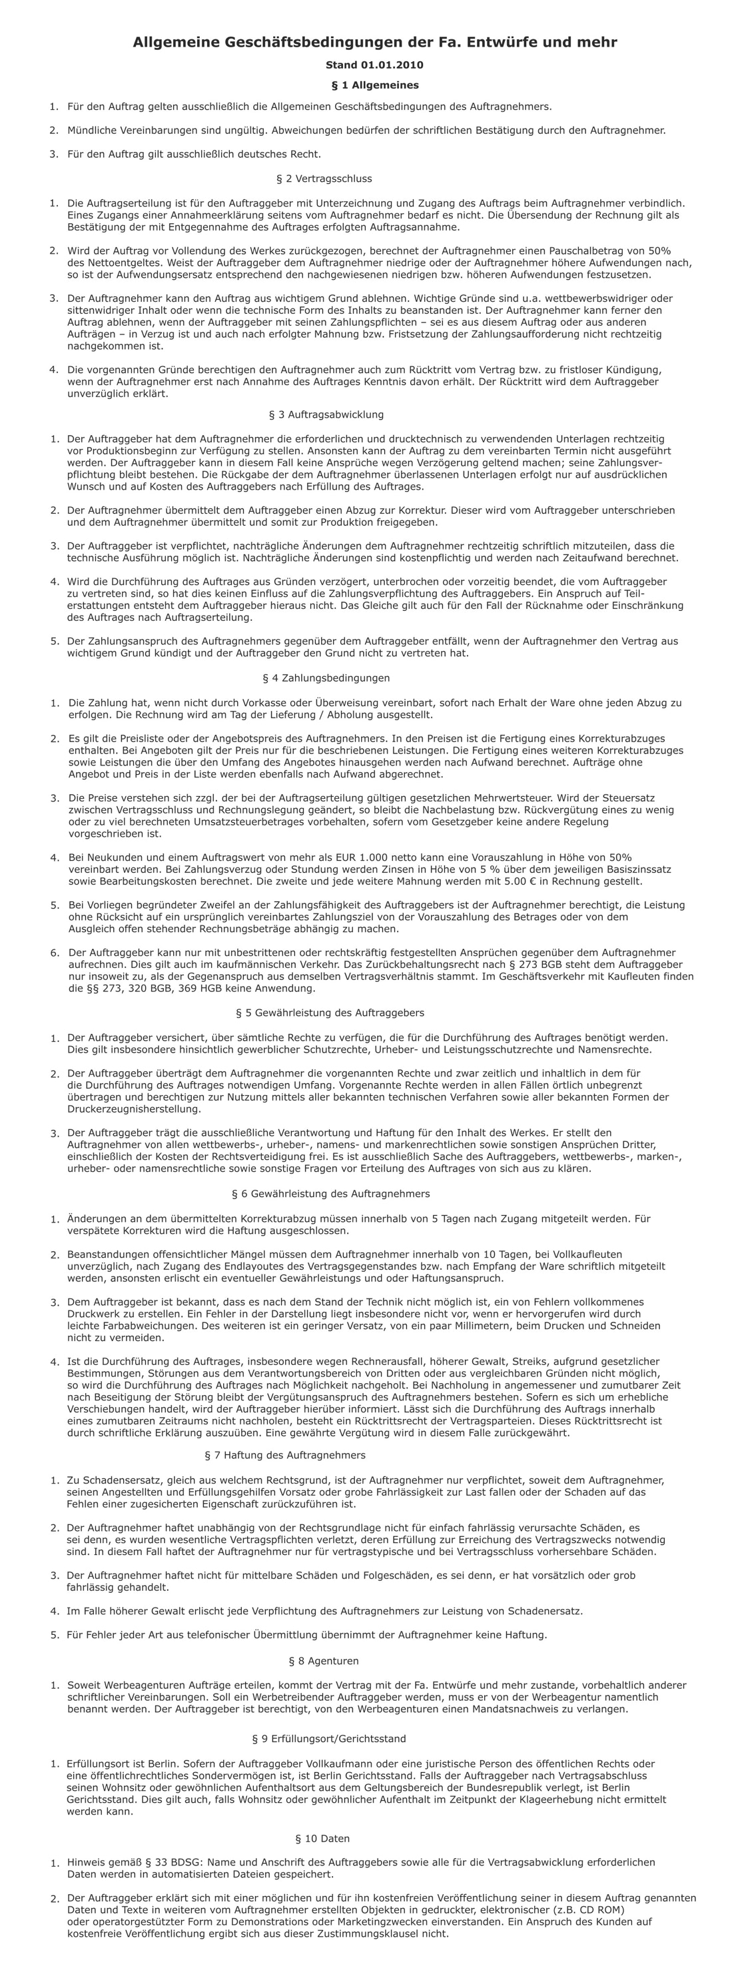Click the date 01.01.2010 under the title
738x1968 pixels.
click(391, 65)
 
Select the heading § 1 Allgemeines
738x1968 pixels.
click(374, 85)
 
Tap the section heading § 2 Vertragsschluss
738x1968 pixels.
click(324, 179)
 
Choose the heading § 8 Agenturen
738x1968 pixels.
click(324, 1661)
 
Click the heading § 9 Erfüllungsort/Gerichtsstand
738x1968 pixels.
click(328, 1739)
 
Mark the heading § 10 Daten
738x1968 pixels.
click(322, 1838)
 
